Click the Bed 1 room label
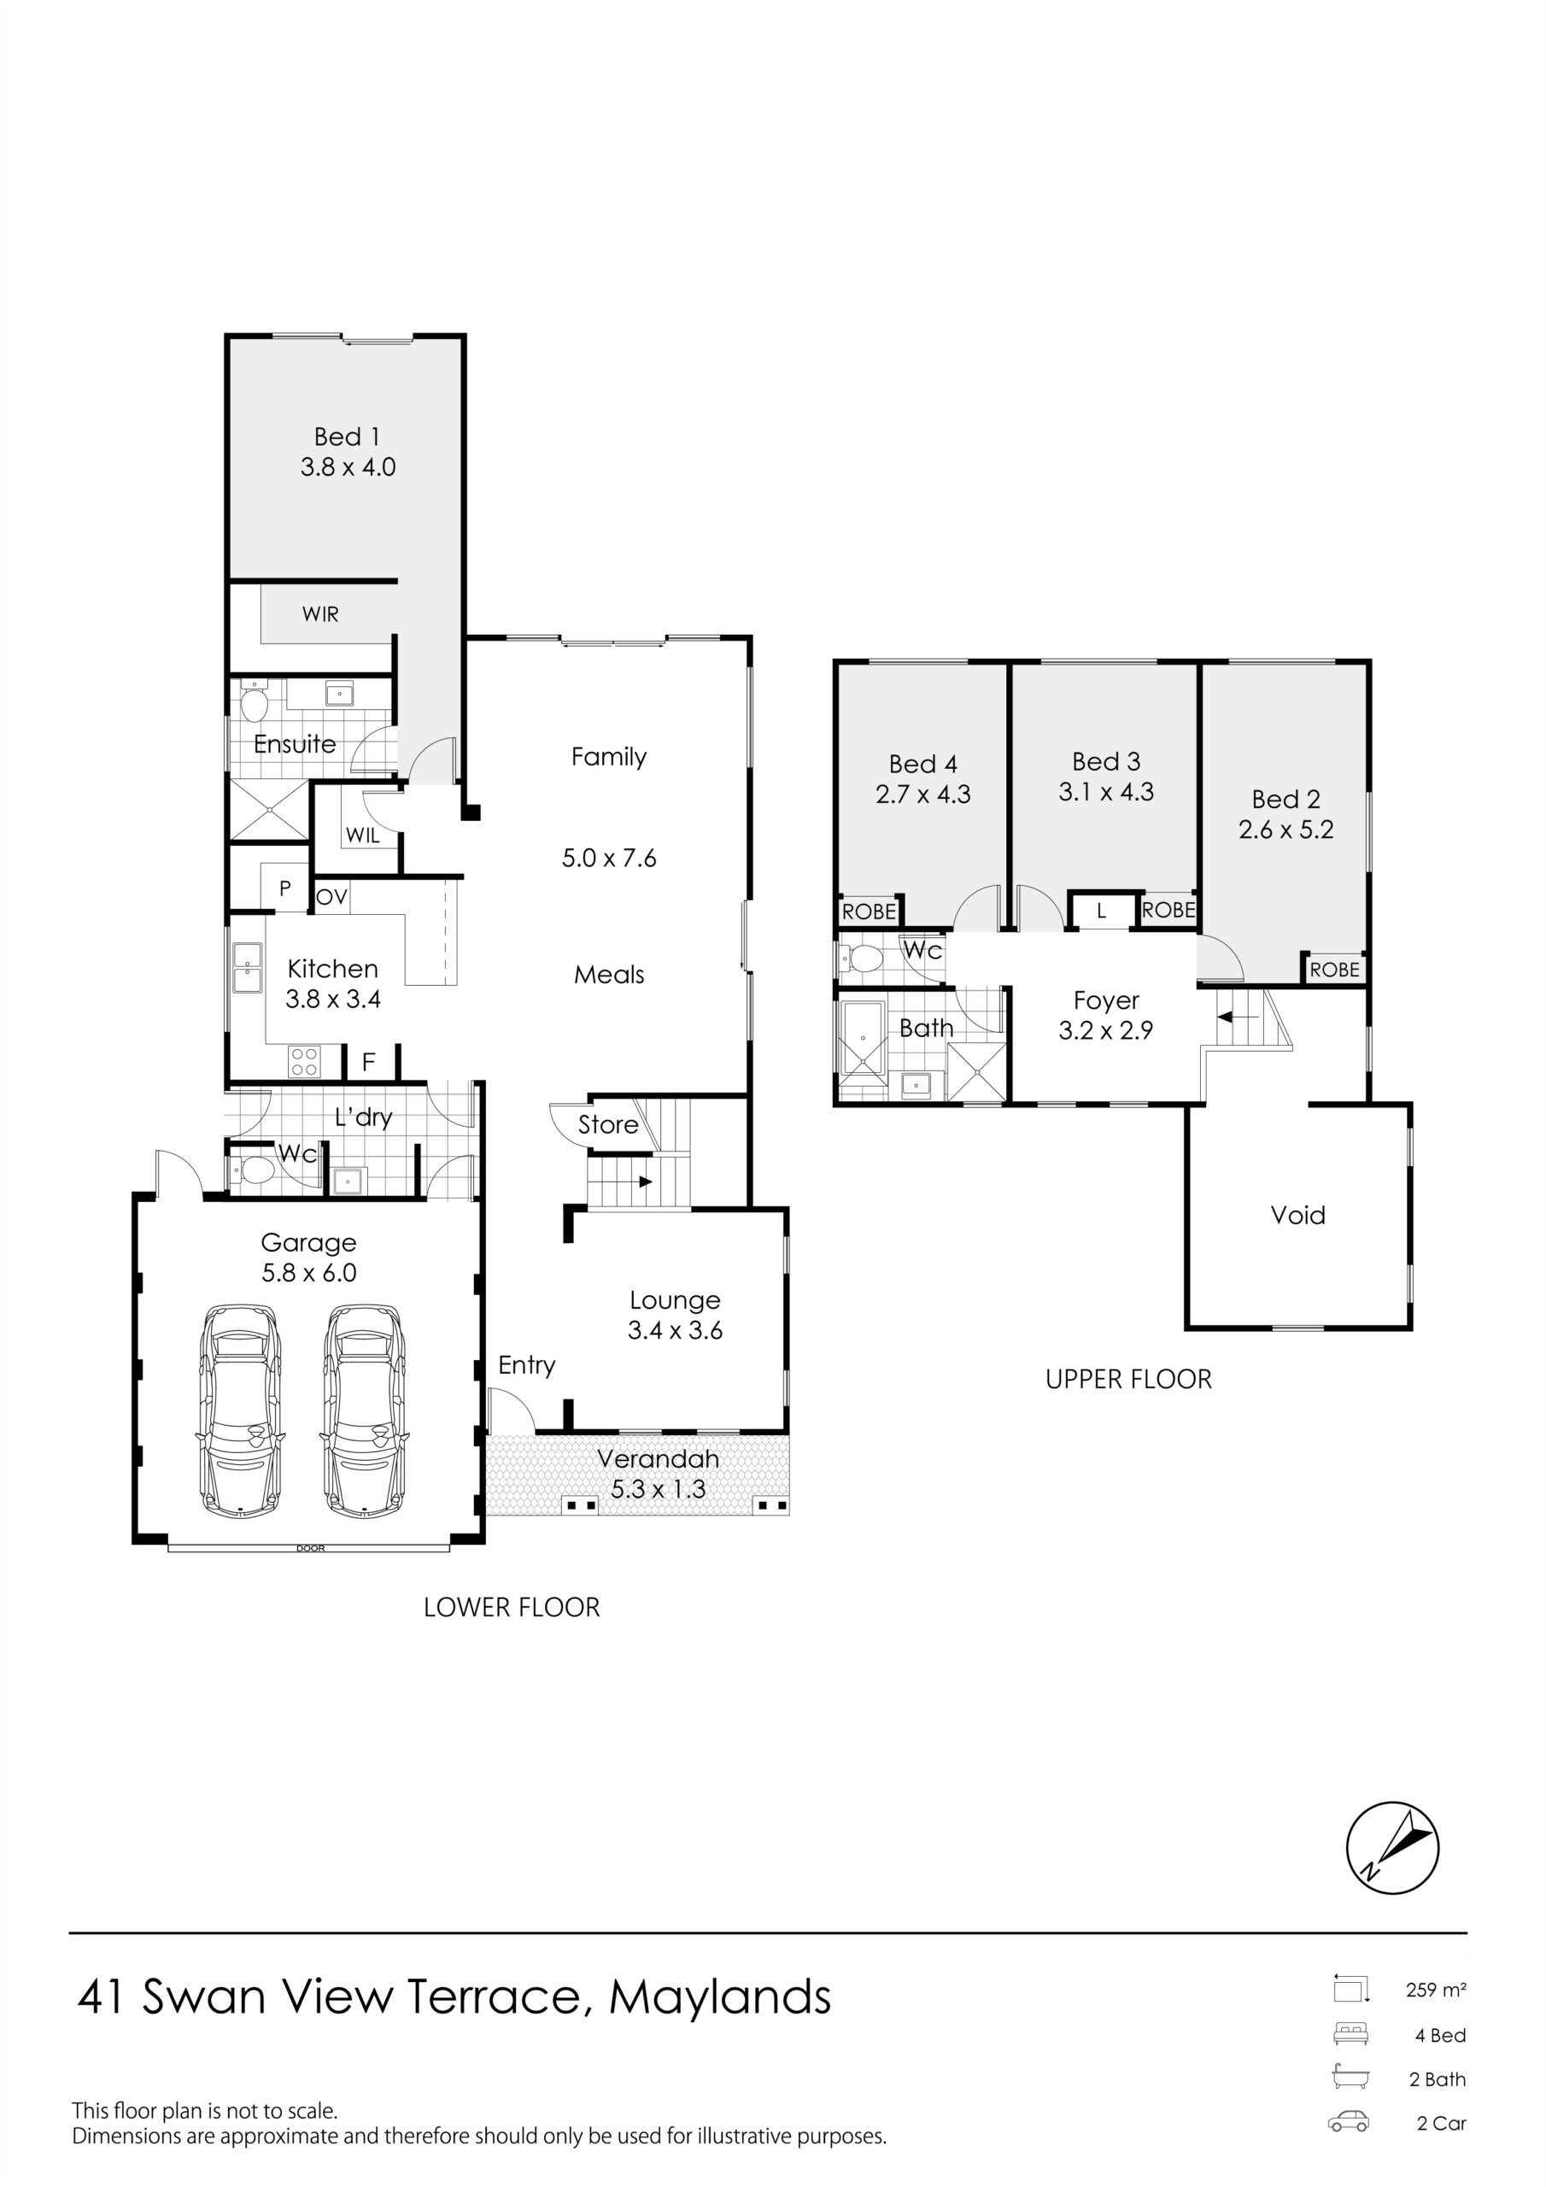pos(348,437)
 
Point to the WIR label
pos(320,614)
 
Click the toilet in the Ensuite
pos(254,703)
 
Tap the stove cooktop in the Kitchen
pos(304,1062)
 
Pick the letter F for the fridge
pos(369,1062)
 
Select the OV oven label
pos(331,897)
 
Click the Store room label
pos(608,1125)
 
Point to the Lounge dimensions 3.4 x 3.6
pos(676,1331)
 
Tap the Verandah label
pos(659,1458)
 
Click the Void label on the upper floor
pos(1297,1216)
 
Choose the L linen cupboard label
pos(1102,912)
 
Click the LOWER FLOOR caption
pos(512,1608)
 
